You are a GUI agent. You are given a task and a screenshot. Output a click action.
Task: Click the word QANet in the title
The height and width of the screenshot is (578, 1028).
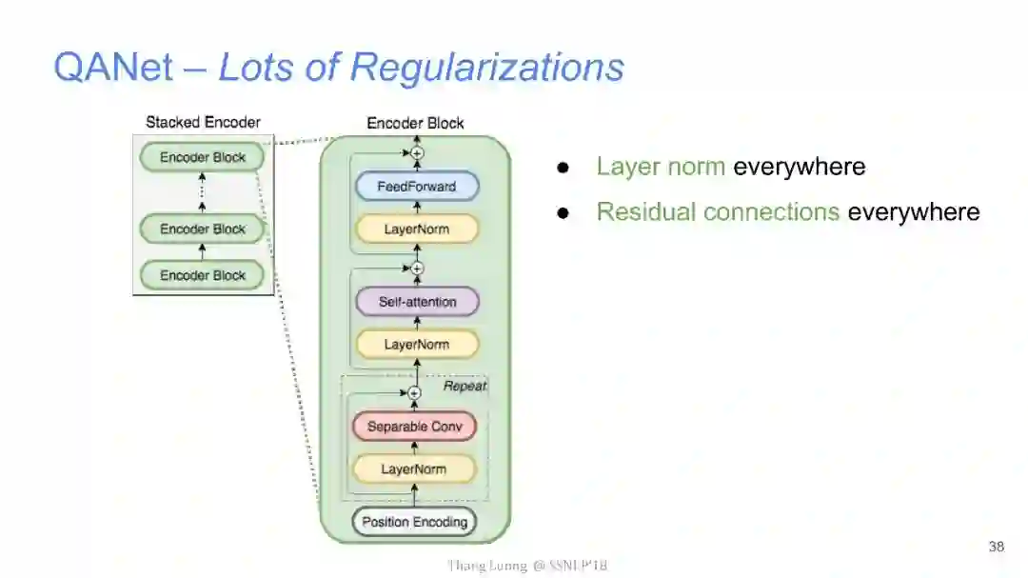113,68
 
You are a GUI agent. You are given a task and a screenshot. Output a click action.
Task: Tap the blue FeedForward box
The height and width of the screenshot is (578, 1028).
416,187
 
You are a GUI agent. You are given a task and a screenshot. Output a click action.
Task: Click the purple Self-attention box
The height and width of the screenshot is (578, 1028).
417,302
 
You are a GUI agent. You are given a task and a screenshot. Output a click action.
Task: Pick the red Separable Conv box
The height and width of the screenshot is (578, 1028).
414,427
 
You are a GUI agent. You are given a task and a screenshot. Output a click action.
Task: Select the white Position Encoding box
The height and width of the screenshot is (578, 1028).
414,522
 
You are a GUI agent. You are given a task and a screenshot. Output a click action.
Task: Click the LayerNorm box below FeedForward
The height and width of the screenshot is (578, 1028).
416,229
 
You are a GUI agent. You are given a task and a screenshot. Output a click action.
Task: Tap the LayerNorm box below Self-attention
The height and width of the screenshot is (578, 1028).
416,344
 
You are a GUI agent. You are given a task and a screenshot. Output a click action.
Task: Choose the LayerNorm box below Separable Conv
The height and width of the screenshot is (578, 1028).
414,468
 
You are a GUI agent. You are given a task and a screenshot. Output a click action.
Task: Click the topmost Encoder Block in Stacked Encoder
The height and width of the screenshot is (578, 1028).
202,157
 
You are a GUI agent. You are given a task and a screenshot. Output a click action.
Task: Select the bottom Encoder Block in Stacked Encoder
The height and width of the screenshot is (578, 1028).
202,275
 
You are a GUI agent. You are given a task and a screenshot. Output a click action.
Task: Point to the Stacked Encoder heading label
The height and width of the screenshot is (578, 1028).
203,122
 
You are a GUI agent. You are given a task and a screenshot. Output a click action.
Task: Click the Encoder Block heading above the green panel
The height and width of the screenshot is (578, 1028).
415,123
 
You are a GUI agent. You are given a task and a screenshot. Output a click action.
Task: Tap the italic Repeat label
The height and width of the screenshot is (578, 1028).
465,386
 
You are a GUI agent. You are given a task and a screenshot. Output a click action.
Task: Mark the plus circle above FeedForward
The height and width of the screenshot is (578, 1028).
416,152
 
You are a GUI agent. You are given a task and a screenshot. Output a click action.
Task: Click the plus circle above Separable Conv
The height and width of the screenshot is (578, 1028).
414,392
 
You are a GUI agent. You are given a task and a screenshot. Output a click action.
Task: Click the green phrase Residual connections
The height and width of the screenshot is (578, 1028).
718,211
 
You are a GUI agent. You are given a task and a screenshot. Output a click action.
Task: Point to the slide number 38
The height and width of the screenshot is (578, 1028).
996,547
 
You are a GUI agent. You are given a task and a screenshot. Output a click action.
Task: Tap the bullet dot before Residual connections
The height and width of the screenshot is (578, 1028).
563,212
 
